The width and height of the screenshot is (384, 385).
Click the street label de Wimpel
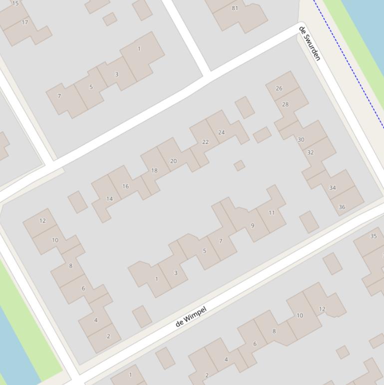point(191,316)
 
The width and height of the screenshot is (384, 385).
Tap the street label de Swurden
point(309,43)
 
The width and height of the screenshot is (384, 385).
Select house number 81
point(235,8)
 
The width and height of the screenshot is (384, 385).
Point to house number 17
point(25,22)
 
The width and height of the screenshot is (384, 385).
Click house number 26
point(279,88)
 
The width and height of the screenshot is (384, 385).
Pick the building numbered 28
point(285,104)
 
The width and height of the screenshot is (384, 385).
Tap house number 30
point(301,139)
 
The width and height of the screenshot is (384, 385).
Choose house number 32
point(310,152)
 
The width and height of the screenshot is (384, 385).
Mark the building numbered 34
point(332,188)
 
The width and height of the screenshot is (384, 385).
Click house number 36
point(342,206)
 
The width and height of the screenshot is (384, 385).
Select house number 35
point(374,236)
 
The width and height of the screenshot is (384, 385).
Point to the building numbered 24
point(221,132)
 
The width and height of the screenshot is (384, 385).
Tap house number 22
point(205,142)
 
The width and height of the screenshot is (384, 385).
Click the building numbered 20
point(173,161)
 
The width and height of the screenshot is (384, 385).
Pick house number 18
point(154,170)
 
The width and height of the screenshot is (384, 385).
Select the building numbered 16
point(125,186)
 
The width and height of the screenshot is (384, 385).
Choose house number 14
point(109,199)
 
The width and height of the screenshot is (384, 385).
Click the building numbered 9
point(252,225)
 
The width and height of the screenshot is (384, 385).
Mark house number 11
point(272,212)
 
